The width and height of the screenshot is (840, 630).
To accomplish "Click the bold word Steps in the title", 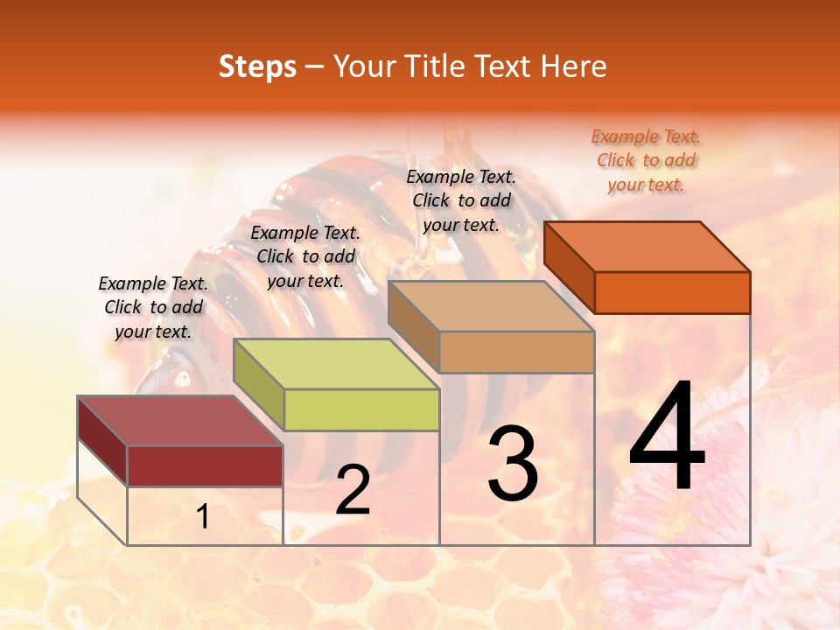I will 257,66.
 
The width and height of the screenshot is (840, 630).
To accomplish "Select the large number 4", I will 667,437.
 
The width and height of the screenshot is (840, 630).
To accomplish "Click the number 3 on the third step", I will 513,464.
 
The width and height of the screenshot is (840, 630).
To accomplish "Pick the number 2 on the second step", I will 353,490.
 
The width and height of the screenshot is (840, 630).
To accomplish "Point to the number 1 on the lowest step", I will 203,516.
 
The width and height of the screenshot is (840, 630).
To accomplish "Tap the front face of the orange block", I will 672,292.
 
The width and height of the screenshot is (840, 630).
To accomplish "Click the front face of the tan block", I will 516,352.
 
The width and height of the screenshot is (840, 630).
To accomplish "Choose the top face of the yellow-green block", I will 337,364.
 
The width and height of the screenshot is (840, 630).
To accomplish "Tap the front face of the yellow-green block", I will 361,409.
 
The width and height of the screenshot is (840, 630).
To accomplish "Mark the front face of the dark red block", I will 205,465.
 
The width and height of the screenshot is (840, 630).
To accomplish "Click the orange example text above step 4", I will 646,160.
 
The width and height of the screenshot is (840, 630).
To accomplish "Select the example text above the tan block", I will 461,200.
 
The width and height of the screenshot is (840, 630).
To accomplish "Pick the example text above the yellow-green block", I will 305,256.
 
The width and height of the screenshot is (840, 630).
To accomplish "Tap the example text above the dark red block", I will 153,307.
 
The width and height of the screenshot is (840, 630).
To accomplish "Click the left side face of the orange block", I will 570,266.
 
